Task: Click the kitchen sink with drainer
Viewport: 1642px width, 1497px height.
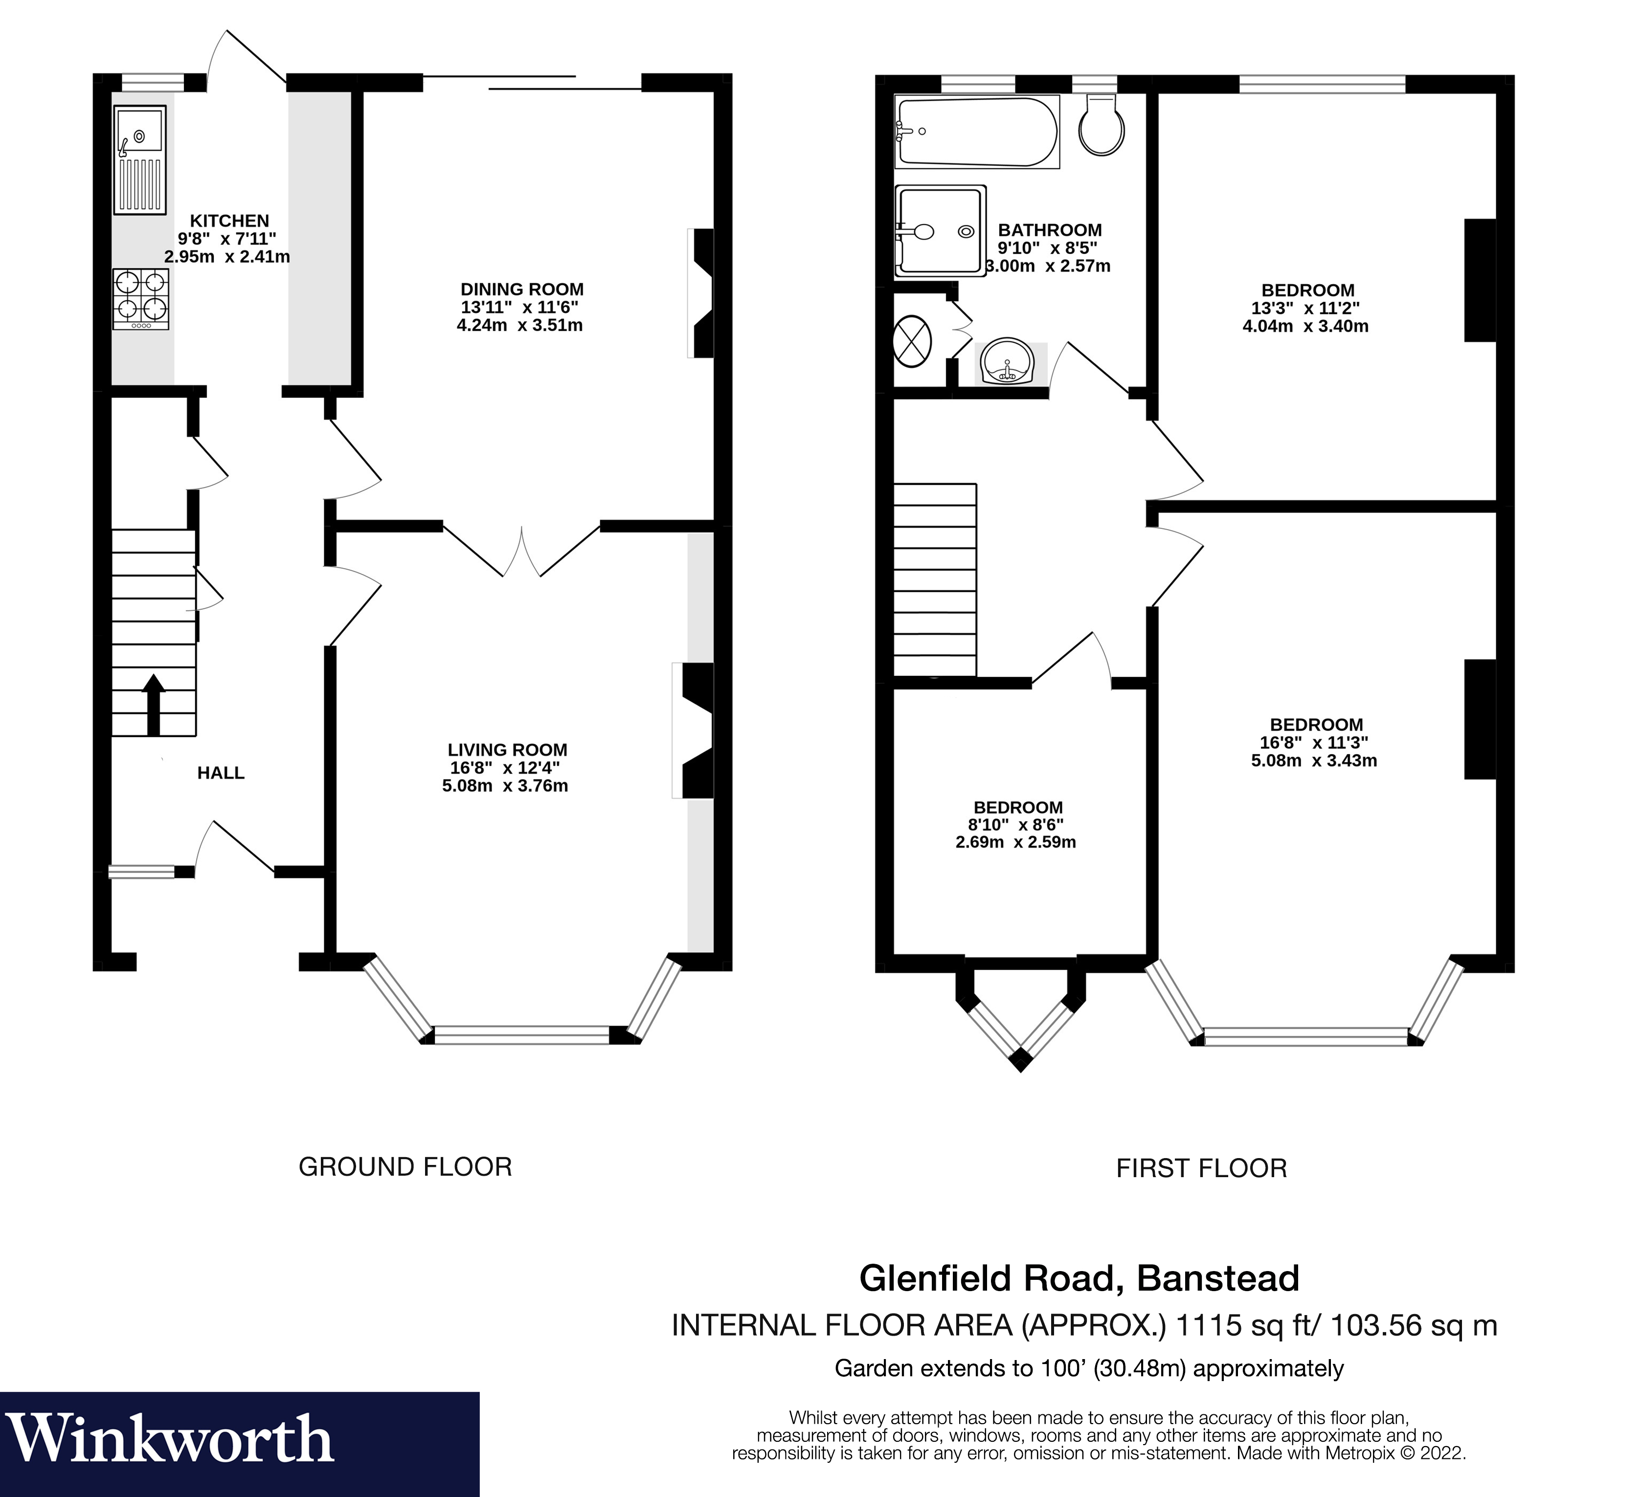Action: click(x=140, y=159)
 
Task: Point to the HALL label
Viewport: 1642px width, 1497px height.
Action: click(x=221, y=773)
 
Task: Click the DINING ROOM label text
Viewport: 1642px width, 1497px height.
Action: click(x=521, y=289)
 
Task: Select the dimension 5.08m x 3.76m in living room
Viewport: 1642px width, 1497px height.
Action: click(x=504, y=786)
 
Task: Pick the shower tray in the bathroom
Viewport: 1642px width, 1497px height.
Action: click(x=940, y=230)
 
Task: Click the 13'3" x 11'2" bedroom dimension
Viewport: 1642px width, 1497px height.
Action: click(x=1305, y=309)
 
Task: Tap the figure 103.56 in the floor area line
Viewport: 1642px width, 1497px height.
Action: click(x=1387, y=1326)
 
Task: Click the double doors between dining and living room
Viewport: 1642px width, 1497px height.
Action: click(x=521, y=551)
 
